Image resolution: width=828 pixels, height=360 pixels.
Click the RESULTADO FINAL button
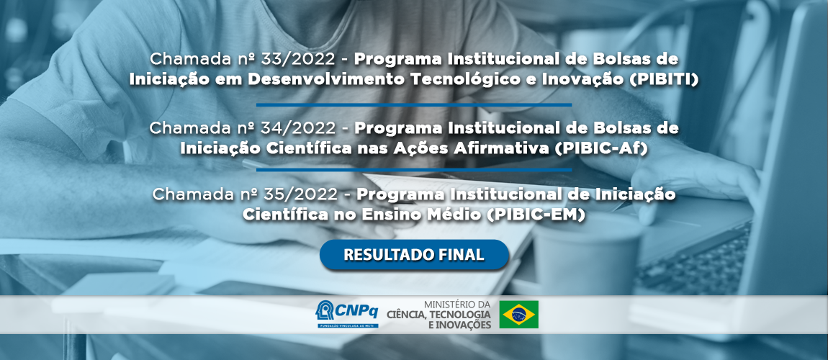(x=414, y=255)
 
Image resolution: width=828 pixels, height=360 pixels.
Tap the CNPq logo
(x=346, y=314)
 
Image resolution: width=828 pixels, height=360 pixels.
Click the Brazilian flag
(x=518, y=315)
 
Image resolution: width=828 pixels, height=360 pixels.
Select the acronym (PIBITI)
(x=663, y=80)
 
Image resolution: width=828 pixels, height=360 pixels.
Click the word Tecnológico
(x=462, y=80)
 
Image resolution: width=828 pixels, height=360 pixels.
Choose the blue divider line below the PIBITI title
(x=413, y=104)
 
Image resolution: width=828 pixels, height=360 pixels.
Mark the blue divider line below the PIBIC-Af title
(x=413, y=171)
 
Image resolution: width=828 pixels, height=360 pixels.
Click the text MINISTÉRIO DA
(x=457, y=305)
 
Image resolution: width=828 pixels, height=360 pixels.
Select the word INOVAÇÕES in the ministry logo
(x=464, y=325)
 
